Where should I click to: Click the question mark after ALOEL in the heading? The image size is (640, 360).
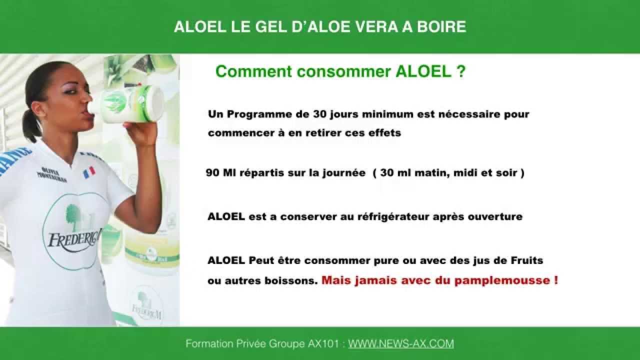[461, 71]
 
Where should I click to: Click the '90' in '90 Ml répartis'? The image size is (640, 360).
[212, 173]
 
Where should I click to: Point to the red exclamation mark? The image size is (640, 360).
[556, 280]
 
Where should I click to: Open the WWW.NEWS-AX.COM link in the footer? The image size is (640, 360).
[401, 344]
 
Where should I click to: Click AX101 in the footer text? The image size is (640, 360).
[325, 344]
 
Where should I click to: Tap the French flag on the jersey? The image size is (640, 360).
[89, 172]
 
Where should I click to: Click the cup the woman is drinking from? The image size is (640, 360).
[132, 103]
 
